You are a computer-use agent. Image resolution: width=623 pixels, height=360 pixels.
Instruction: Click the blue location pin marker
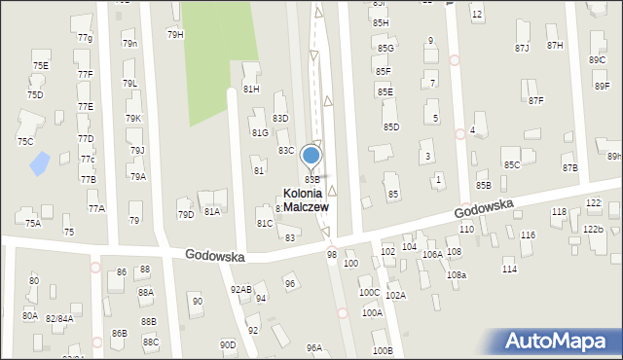coord(311,156)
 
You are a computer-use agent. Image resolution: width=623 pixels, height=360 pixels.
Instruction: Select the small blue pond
coord(40,163)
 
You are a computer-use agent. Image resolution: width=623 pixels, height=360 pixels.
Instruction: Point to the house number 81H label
coord(251,89)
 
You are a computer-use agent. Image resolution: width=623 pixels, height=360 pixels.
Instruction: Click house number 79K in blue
coord(132,118)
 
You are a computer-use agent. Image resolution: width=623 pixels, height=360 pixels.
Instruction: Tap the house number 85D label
coord(391,126)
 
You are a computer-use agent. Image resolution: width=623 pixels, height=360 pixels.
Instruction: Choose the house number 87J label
coord(523,48)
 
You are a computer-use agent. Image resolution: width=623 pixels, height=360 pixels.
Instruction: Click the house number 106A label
coord(432,254)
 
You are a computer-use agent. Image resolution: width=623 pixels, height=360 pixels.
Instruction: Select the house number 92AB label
coord(240,289)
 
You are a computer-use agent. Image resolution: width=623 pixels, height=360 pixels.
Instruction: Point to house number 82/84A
coord(58,318)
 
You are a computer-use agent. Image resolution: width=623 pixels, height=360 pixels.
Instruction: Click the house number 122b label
coord(593,229)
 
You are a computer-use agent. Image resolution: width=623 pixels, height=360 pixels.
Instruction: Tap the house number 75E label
coord(40,65)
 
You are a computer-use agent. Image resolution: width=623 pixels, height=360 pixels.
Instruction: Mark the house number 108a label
coord(457,275)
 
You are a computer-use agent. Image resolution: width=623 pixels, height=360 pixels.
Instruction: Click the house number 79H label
coord(175,34)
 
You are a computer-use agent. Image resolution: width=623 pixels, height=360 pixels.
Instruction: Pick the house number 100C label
coord(369,292)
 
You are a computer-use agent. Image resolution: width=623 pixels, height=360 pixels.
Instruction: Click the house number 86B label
coord(119,333)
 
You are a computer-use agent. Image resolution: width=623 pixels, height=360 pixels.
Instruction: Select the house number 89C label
coord(597,60)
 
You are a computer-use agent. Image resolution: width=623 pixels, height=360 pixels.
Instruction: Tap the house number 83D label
coord(280,118)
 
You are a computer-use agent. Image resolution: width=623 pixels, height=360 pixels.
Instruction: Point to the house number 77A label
coord(95,208)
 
